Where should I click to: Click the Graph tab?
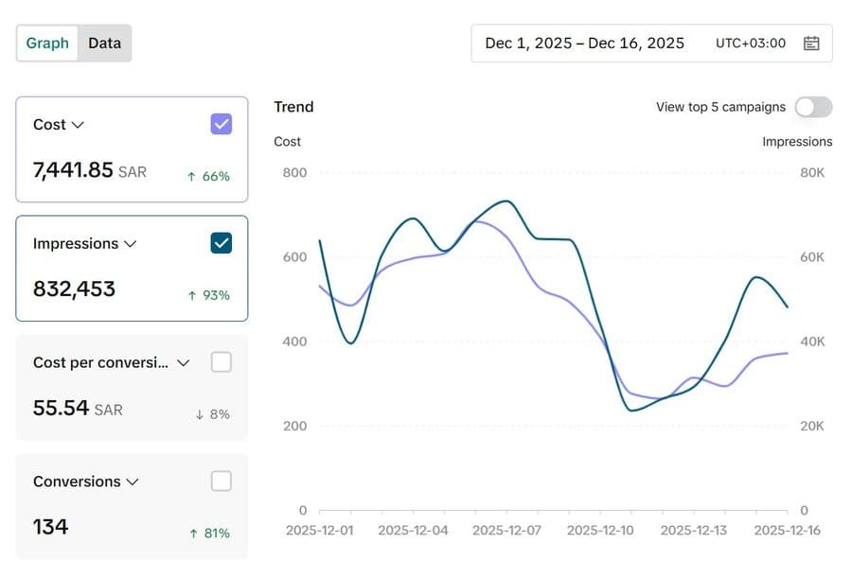[47, 43]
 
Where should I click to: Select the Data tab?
[104, 43]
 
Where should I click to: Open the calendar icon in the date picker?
[811, 43]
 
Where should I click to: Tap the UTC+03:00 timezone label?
[751, 43]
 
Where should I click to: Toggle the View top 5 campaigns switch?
[813, 107]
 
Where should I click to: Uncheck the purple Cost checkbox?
[222, 124]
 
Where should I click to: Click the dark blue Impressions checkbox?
[222, 243]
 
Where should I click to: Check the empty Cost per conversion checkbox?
[222, 361]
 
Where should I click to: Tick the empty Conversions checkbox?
[222, 481]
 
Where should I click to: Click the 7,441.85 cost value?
[73, 170]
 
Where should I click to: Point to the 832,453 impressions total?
[74, 289]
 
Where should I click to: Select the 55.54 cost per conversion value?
[61, 408]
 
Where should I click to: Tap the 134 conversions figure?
[50, 527]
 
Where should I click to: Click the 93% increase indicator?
[209, 295]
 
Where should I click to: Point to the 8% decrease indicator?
[212, 414]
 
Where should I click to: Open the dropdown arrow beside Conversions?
[133, 482]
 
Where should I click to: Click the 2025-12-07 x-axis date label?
[507, 530]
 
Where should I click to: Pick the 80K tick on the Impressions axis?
[812, 173]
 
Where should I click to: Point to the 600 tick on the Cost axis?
[294, 257]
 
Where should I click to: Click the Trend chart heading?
[293, 107]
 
